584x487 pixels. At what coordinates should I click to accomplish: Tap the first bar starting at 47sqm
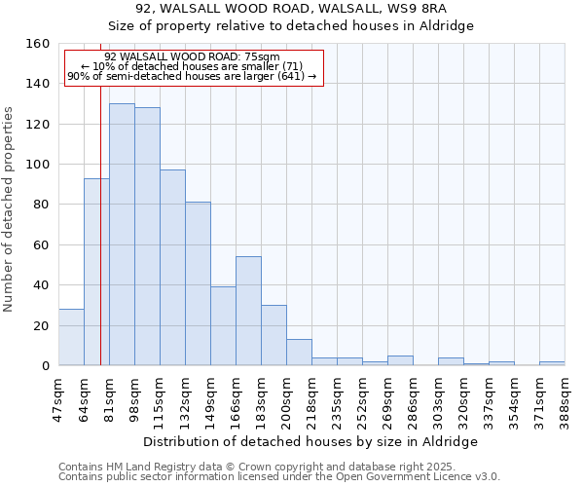pyautogui.click(x=71, y=337)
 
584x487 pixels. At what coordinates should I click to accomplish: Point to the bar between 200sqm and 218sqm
pyautogui.click(x=299, y=352)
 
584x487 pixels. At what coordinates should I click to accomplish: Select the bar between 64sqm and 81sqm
pyautogui.click(x=96, y=272)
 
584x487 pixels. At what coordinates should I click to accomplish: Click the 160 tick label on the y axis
pyautogui.click(x=39, y=44)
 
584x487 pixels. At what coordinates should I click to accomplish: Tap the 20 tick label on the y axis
pyautogui.click(x=43, y=325)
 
